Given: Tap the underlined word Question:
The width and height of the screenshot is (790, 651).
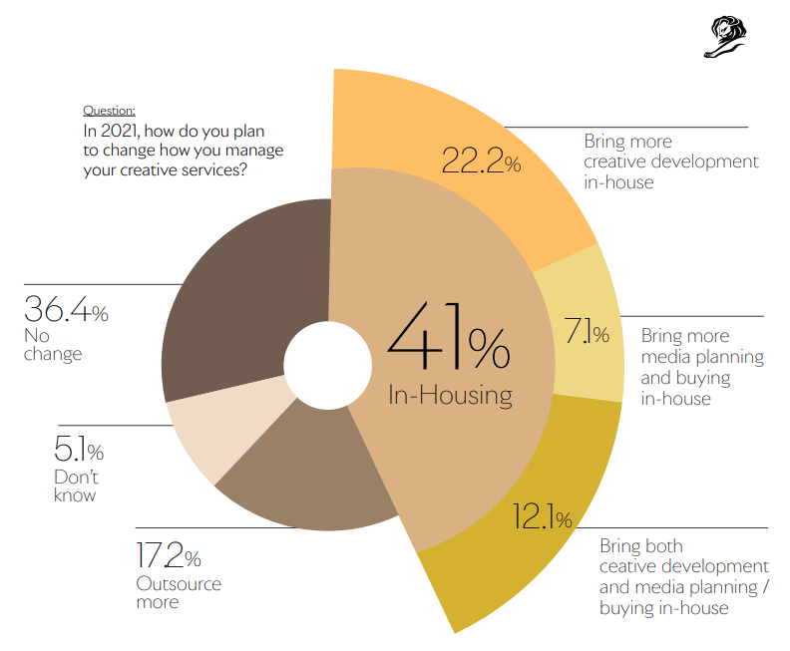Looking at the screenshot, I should click(109, 111).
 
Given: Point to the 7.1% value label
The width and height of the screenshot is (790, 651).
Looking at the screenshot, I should click(587, 333).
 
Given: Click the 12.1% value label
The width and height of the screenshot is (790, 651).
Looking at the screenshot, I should click(542, 517).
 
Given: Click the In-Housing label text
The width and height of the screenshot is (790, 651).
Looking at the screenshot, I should click(450, 395).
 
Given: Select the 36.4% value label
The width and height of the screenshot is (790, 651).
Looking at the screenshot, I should click(65, 310).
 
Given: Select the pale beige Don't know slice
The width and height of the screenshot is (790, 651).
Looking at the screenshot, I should click(214, 434).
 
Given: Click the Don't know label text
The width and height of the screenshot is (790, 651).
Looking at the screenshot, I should click(76, 486).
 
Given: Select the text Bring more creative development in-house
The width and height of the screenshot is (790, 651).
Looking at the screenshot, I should click(670, 162).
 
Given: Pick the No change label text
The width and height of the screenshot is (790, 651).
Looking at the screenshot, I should click(53, 344).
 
